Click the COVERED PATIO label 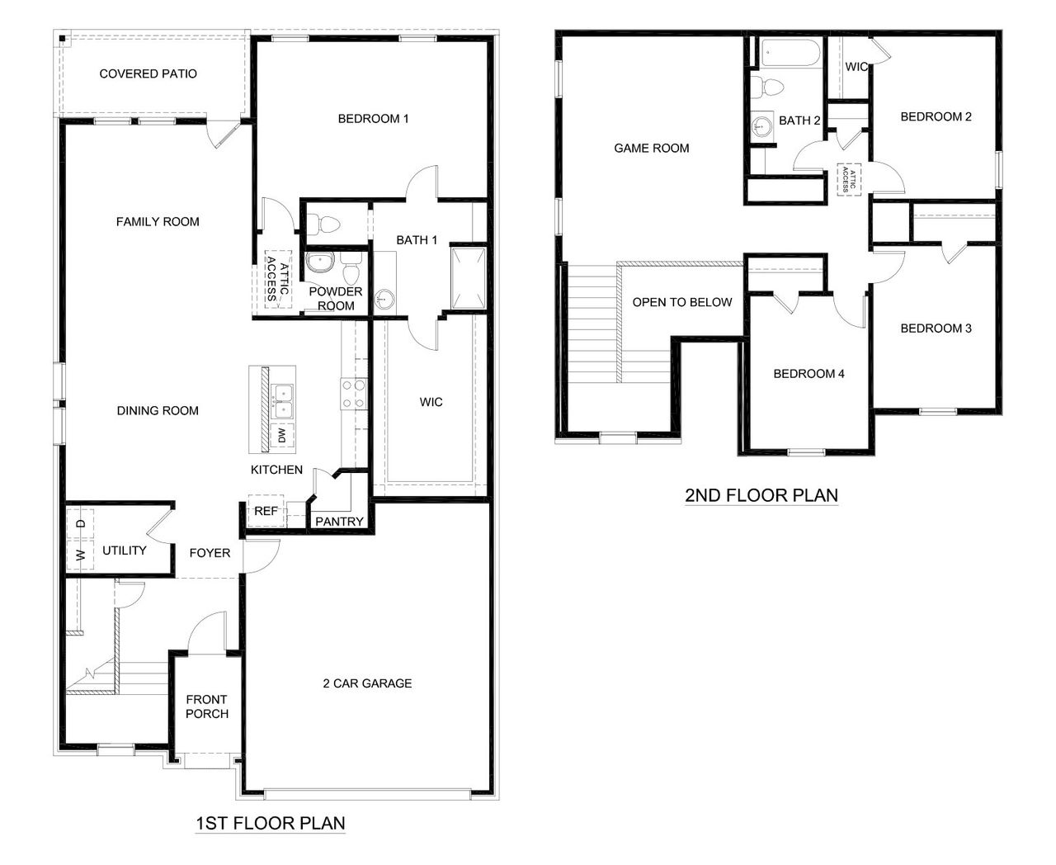[x=148, y=74]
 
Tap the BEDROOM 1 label [x=373, y=119]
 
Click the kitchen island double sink [x=282, y=399]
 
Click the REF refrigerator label [x=266, y=511]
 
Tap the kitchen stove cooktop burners [x=354, y=394]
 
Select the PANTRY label [x=339, y=522]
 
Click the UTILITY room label [x=125, y=551]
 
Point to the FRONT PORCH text [x=206, y=707]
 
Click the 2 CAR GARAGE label [x=367, y=683]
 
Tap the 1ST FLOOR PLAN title [x=270, y=823]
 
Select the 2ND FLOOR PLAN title [x=761, y=496]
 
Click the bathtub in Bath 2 [x=790, y=54]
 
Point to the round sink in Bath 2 [x=762, y=125]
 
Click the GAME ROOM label [x=652, y=149]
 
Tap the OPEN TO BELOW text [x=682, y=302]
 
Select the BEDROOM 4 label [x=808, y=374]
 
